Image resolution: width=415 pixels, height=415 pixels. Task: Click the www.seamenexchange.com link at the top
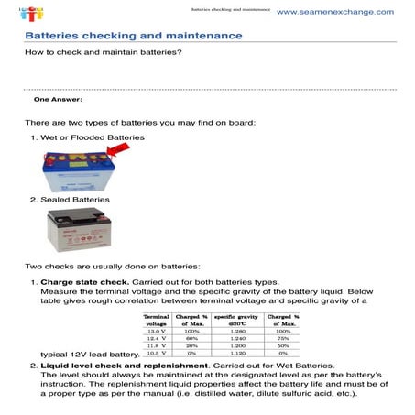(x=334, y=12)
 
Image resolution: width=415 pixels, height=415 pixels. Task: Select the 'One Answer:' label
(x=58, y=98)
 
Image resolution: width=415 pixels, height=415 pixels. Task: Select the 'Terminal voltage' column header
(x=157, y=319)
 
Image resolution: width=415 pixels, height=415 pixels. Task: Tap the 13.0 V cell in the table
(x=157, y=331)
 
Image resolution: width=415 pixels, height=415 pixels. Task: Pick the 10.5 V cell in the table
(x=157, y=353)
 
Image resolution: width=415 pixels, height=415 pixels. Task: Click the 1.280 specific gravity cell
(x=239, y=331)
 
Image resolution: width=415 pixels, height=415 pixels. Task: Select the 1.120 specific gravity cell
(x=239, y=353)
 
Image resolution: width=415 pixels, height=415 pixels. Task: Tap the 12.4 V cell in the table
(x=157, y=338)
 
